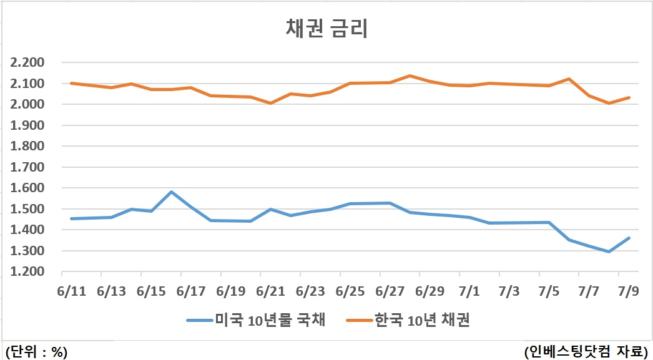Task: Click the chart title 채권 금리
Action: [x=327, y=29]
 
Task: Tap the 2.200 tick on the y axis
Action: [x=27, y=63]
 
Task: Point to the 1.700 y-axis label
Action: [x=27, y=167]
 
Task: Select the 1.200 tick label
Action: [x=27, y=271]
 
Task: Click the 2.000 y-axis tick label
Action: [x=27, y=104]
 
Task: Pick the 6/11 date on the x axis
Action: [x=72, y=291]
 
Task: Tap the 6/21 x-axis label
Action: [x=271, y=291]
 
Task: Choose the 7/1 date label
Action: [x=469, y=291]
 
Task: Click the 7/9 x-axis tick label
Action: [x=629, y=291]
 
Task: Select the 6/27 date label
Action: [x=390, y=291]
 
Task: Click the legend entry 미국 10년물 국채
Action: [x=256, y=320]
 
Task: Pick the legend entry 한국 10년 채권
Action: [x=408, y=320]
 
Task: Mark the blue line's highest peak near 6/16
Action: [x=171, y=192]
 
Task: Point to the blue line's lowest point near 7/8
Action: [x=609, y=251]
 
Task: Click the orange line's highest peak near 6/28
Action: [x=410, y=75]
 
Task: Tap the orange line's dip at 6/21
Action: [x=271, y=103]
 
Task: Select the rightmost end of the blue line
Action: [x=629, y=238]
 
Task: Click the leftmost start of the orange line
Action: [x=72, y=83]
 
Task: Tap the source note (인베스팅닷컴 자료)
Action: [x=586, y=351]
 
